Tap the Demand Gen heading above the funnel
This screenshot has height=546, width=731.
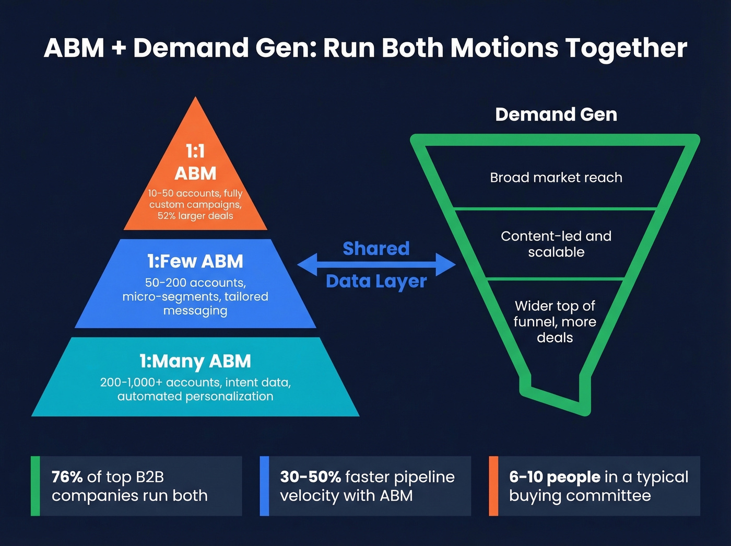(x=556, y=114)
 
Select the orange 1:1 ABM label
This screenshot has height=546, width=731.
(x=195, y=162)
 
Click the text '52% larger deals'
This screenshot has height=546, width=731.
(x=195, y=216)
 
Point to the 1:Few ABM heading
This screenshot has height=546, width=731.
(x=195, y=261)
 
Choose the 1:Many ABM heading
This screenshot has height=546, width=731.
(x=195, y=361)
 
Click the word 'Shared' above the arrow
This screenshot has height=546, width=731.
(x=376, y=249)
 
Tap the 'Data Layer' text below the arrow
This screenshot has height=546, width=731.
(x=376, y=281)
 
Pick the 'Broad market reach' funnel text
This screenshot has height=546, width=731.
(x=556, y=178)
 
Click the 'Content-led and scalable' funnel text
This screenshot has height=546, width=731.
(x=556, y=244)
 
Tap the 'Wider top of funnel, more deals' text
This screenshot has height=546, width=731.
(x=555, y=321)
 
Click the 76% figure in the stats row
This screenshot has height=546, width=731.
(x=67, y=477)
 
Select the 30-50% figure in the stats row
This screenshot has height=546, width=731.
(x=310, y=477)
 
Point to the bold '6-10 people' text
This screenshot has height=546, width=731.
(x=555, y=477)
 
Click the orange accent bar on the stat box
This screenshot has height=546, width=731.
(x=493, y=486)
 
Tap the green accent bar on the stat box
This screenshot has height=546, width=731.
(x=36, y=486)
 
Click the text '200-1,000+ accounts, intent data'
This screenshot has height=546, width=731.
(x=195, y=382)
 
